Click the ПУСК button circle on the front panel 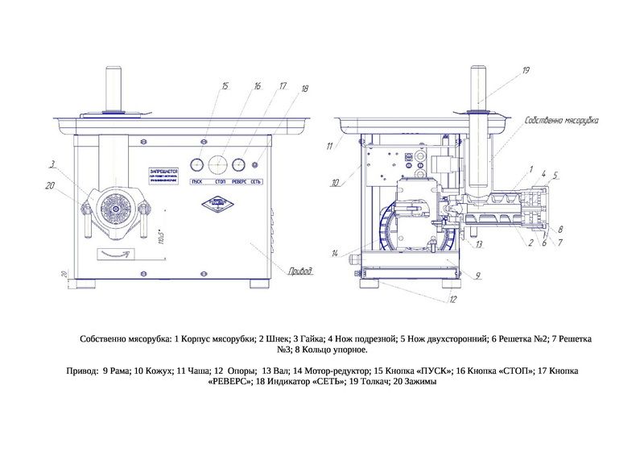click(x=196, y=165)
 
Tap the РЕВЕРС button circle click(x=238, y=165)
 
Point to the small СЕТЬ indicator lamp click(x=255, y=165)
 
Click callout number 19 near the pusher click(x=525, y=71)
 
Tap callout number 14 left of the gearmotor click(x=335, y=253)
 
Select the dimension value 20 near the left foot click(x=63, y=275)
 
